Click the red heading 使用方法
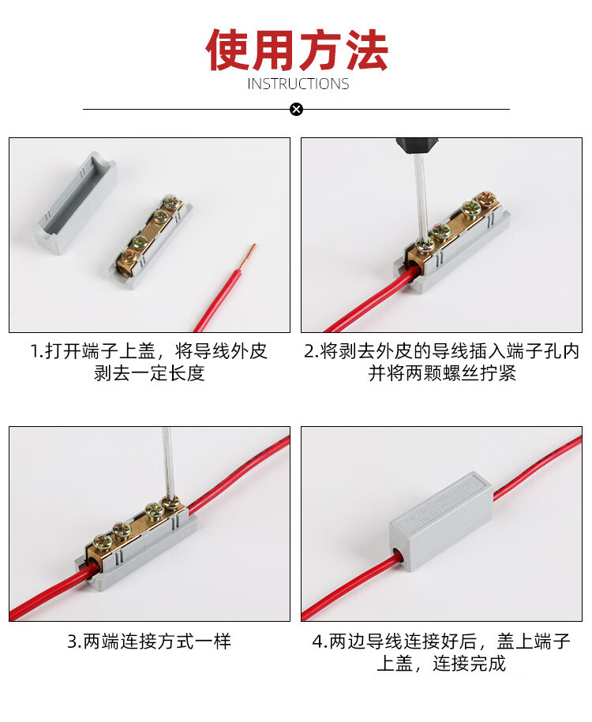tap(297, 50)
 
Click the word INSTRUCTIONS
tap(298, 84)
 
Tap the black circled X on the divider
tap(297, 110)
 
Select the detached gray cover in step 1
tap(77, 204)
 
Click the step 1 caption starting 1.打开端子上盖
tap(149, 351)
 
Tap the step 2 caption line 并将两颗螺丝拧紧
tap(442, 373)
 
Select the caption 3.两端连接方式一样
tap(149, 642)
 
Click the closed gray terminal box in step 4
tap(441, 520)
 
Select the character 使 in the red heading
tap(227, 50)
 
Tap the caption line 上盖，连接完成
tap(441, 664)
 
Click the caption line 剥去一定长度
tap(149, 373)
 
